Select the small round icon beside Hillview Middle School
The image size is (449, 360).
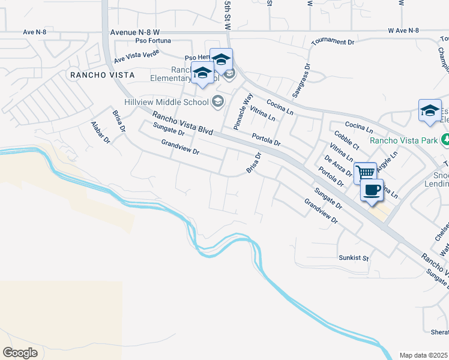click(217, 101)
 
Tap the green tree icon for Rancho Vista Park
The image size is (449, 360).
click(445, 140)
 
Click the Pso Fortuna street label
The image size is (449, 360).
click(153, 41)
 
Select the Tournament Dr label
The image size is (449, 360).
click(333, 42)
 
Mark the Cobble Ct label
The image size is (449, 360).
click(346, 141)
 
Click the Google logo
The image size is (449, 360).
click(20, 352)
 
